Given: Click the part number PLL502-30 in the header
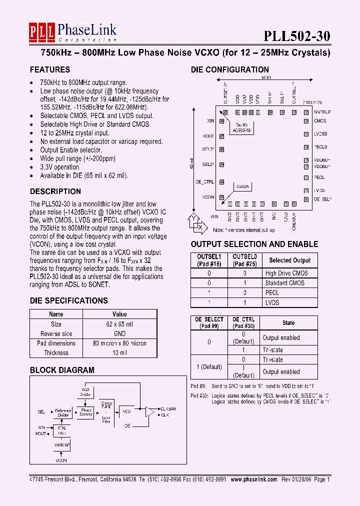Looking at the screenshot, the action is pos(297,36).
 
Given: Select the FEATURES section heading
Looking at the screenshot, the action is pos(49,69).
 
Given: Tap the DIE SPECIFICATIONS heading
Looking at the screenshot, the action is pos(68,300).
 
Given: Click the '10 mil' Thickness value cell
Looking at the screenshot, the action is pos(119,352).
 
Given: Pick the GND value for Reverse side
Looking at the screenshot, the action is pos(119,333).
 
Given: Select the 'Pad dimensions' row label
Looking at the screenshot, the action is pos(56,343).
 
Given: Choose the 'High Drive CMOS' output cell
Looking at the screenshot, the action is pos(286,273).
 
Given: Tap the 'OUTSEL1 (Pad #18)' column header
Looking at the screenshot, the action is pos(209,260).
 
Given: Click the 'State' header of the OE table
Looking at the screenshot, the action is pos(288,323).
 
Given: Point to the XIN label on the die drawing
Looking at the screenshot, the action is pos(210,120).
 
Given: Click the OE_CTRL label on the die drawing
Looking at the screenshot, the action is pos(204,182).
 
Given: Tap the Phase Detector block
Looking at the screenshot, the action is pos(86,411).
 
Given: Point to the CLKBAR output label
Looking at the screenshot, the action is pos(169,408).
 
